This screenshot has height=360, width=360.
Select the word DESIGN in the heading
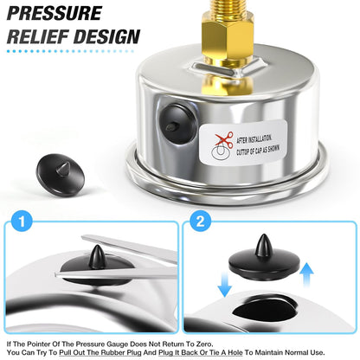pos(107,37)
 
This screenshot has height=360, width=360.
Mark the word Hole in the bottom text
pos(239,353)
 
